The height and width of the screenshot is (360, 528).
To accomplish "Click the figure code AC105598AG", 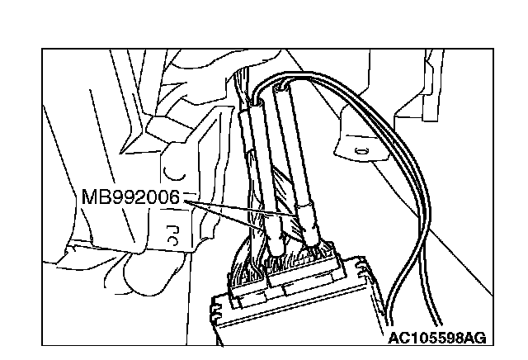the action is click(x=436, y=337).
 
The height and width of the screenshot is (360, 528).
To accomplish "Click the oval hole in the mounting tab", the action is click(x=361, y=151).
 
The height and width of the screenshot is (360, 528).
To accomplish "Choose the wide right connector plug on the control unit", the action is click(x=313, y=268).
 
